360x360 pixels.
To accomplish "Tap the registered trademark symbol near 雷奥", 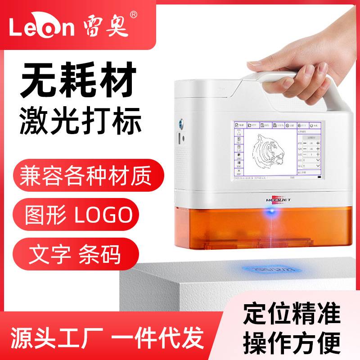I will click(133, 14).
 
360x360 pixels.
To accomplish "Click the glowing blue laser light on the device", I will click(270, 209).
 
